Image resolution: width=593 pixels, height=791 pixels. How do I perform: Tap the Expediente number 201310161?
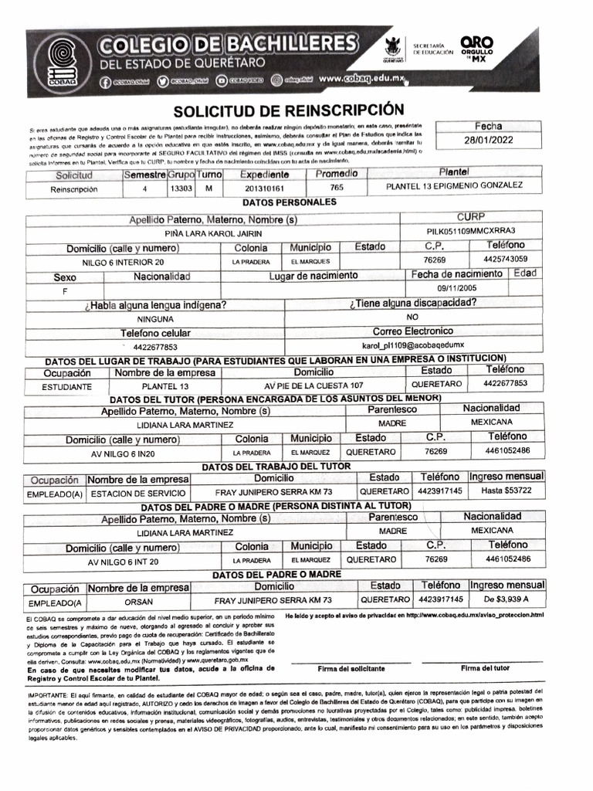pyautogui.click(x=264, y=188)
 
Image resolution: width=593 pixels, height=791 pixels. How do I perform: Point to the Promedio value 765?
pyautogui.click(x=337, y=188)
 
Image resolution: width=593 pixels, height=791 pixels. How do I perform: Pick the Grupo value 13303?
pyautogui.click(x=181, y=188)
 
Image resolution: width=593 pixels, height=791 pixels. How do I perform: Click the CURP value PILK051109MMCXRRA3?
pyautogui.click(x=470, y=231)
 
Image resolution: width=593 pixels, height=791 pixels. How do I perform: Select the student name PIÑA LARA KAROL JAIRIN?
pyautogui.click(x=214, y=233)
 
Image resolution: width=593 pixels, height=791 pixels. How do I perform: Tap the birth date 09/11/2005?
pyautogui.click(x=457, y=288)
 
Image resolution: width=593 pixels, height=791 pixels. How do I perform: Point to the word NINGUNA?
pyautogui.click(x=155, y=318)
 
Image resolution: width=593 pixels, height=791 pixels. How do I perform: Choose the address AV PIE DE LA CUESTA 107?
pyautogui.click(x=313, y=385)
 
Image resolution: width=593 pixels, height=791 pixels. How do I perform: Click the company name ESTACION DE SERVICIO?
pyautogui.click(x=138, y=492)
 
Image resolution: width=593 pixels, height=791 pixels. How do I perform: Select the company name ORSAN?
pyautogui.click(x=139, y=599)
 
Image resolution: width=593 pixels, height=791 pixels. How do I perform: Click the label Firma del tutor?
pyautogui.click(x=485, y=667)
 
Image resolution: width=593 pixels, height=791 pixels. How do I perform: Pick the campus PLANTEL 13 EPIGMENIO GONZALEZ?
pyautogui.click(x=454, y=185)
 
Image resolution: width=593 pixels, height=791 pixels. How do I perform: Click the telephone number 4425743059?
pyautogui.click(x=506, y=259)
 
